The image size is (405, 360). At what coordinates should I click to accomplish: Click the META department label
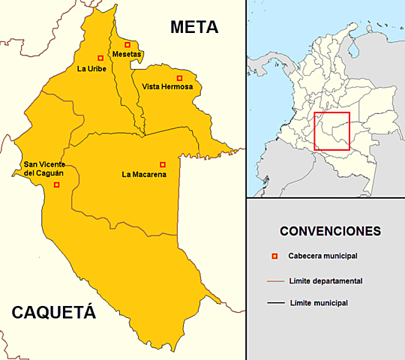point(193,28)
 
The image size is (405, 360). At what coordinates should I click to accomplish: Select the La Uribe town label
point(91,69)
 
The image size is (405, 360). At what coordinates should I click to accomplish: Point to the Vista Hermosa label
point(167,87)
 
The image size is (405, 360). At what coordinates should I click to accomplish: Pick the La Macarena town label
point(144,175)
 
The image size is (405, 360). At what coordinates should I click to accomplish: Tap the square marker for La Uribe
point(100,58)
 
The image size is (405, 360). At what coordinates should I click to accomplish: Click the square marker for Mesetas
point(127,45)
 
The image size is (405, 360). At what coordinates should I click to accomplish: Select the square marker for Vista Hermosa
point(179,78)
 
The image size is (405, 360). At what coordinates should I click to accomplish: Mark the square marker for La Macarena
point(163,164)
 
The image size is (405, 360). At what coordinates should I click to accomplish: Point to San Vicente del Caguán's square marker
point(56,184)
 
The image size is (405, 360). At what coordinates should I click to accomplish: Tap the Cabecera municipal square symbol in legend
point(274,256)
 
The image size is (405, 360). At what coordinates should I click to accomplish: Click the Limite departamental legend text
point(325,280)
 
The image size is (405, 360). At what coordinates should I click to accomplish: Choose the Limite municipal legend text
point(317,303)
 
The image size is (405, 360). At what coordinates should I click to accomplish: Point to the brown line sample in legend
point(275,281)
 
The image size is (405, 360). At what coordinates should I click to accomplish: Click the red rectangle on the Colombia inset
point(331,131)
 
